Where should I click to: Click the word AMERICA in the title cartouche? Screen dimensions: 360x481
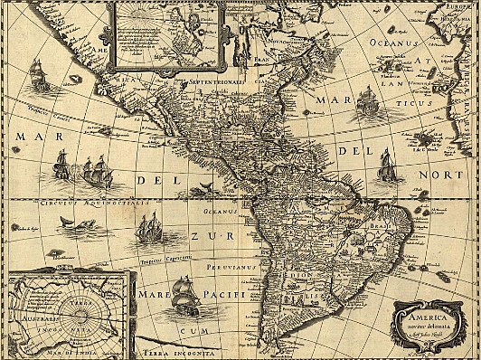click(x=422, y=317)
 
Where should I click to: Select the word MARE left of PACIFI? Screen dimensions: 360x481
click(x=150, y=296)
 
